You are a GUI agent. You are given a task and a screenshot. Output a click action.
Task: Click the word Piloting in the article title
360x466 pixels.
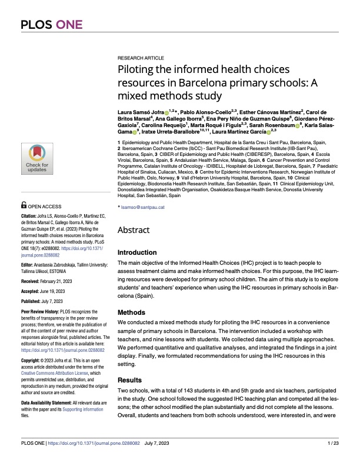tap(139, 71)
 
